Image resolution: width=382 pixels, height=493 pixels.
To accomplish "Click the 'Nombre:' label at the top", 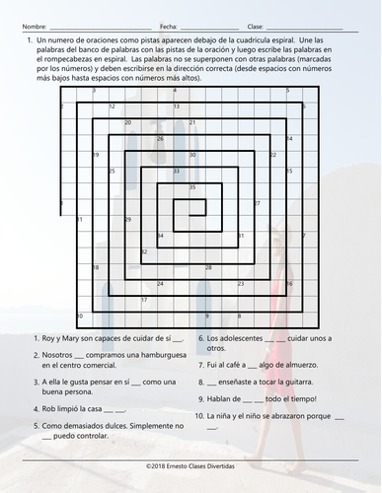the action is (33, 25).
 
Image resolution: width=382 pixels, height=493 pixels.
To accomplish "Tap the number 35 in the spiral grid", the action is (192, 187).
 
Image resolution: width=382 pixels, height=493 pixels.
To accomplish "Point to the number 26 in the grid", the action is (161, 139).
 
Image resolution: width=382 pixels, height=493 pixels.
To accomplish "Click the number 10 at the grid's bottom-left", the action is (80, 317).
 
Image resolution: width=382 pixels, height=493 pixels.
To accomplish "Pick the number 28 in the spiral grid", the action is (208, 268).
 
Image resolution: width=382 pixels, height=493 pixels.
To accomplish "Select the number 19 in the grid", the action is (96, 155).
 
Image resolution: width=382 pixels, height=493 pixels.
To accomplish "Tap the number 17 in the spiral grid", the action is (144, 300).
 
